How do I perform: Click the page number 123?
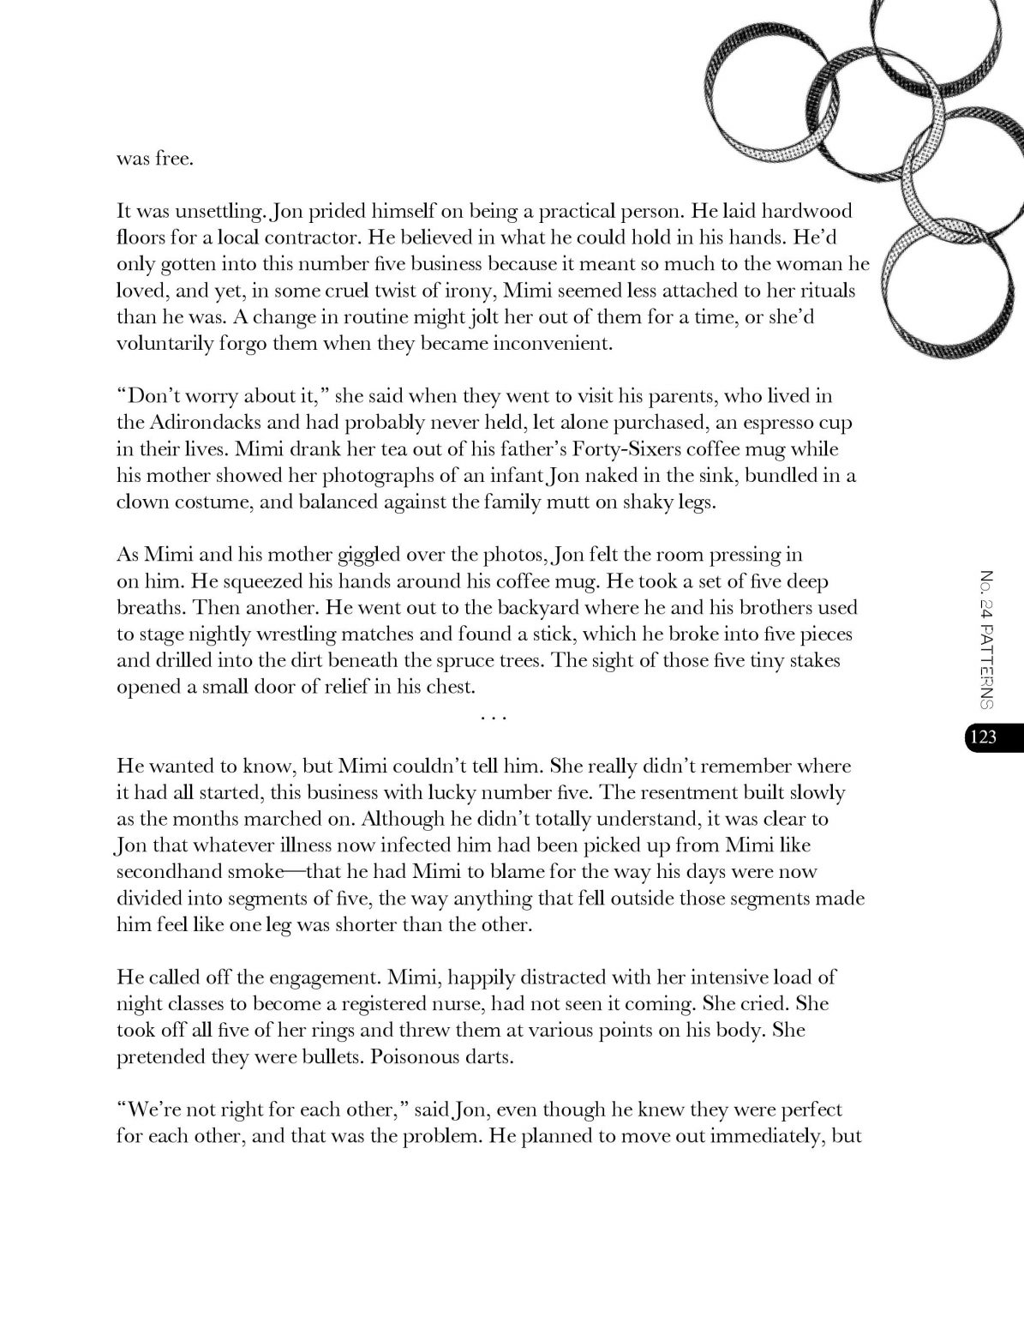pyautogui.click(x=985, y=736)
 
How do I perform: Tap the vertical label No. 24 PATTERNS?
pyautogui.click(x=985, y=639)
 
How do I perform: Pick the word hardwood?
pyautogui.click(x=806, y=212)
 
